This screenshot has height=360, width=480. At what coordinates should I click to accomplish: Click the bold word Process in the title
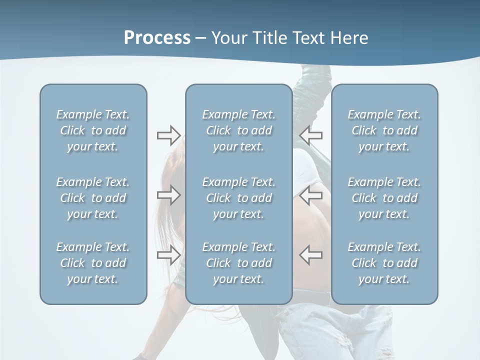pyautogui.click(x=157, y=38)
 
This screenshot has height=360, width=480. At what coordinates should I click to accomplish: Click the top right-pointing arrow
pyautogui.click(x=168, y=135)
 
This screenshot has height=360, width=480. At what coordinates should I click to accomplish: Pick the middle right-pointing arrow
pyautogui.click(x=168, y=195)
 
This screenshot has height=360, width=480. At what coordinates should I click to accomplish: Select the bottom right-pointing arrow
pyautogui.click(x=168, y=255)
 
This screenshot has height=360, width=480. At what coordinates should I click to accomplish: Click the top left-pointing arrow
pyautogui.click(x=310, y=135)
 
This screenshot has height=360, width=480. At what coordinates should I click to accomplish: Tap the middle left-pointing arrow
pyautogui.click(x=310, y=195)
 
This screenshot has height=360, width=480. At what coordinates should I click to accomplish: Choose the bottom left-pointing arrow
pyautogui.click(x=310, y=255)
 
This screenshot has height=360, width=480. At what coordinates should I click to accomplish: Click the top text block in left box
pyautogui.click(x=93, y=130)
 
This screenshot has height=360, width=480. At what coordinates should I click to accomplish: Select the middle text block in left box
pyautogui.click(x=93, y=198)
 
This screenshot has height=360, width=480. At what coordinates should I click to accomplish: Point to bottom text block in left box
pyautogui.click(x=93, y=263)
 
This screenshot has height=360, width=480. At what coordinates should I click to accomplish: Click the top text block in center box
pyautogui.click(x=238, y=130)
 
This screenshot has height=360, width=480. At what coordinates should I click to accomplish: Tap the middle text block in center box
pyautogui.click(x=238, y=198)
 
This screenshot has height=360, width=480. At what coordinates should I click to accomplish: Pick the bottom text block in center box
pyautogui.click(x=238, y=263)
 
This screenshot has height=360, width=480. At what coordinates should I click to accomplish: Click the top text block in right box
pyautogui.click(x=384, y=130)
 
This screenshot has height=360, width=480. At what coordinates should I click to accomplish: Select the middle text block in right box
pyautogui.click(x=384, y=198)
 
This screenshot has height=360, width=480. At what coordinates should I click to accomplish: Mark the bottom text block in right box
pyautogui.click(x=384, y=263)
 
